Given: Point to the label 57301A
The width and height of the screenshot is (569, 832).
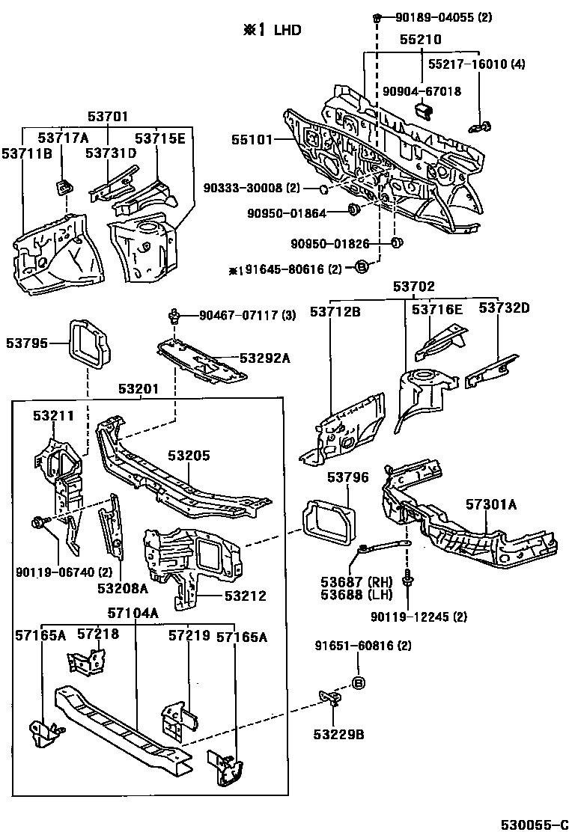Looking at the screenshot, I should click(x=490, y=505).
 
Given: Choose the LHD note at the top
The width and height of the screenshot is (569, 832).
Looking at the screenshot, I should click(x=272, y=30).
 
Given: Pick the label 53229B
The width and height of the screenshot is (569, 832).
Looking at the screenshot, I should click(x=338, y=734).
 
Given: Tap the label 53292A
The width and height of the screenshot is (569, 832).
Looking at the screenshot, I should click(x=264, y=358).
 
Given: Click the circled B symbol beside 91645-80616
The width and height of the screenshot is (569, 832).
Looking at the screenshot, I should click(x=360, y=267).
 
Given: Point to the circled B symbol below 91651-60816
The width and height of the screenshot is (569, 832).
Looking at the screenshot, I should click(x=358, y=682).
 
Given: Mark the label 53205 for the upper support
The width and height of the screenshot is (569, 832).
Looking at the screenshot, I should click(x=189, y=455).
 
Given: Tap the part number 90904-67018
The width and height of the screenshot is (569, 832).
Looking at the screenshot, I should click(x=422, y=91).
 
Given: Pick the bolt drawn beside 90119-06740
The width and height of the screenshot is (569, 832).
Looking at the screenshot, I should click(x=39, y=521).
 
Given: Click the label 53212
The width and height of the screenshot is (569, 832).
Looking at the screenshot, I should click(x=247, y=596).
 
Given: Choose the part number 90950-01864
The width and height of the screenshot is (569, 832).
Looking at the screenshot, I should click(x=287, y=213).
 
